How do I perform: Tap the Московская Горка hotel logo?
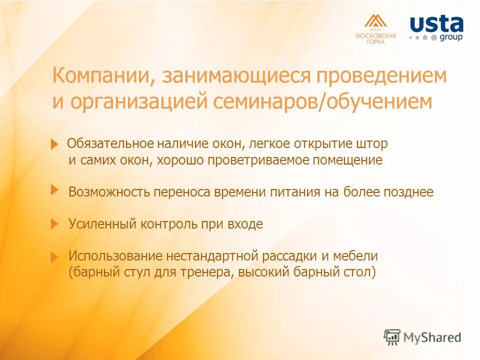tap(375, 29)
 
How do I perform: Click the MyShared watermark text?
tap(431, 337)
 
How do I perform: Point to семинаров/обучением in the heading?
tap(322, 101)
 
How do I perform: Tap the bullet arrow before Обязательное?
tap(55, 144)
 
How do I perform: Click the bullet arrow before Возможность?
tap(55, 189)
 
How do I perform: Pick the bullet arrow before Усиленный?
tap(55, 224)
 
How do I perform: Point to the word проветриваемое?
tap(259, 160)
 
